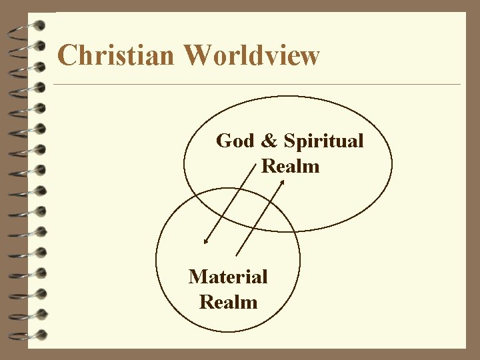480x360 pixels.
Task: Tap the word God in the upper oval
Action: pos(235,141)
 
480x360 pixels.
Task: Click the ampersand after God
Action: pos(269,141)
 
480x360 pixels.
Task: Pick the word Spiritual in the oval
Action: pos(323,142)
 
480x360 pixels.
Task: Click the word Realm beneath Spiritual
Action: pos(291,166)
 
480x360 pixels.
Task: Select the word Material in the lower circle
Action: pos(228,277)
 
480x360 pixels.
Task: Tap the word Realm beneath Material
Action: pos(228,302)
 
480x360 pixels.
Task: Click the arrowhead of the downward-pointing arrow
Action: pos(206,241)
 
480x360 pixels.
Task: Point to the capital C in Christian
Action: pos(67,55)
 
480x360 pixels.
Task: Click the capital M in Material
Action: pos(198,277)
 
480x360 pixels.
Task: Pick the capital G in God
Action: pos(224,141)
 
